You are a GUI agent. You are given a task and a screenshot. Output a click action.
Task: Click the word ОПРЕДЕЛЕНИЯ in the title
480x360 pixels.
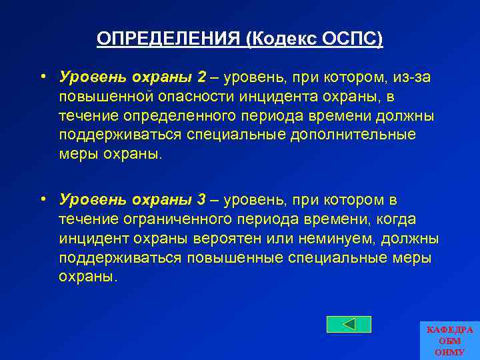[169, 39]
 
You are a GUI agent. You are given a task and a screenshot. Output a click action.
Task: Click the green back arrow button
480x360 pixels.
[348, 324]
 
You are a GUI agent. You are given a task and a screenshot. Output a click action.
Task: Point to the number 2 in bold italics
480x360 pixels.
[201, 77]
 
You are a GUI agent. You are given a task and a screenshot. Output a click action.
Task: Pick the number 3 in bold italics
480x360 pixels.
[201, 200]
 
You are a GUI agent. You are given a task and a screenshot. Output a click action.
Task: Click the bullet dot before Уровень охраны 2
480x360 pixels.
[42, 77]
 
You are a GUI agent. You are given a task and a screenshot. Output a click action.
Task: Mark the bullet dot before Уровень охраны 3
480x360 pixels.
[42, 199]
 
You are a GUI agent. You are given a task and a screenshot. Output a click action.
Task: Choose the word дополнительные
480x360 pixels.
[361, 135]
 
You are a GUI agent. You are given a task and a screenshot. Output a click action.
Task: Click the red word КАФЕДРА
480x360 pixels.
[449, 330]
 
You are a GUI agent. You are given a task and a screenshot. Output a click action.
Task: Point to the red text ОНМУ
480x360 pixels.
[449, 351]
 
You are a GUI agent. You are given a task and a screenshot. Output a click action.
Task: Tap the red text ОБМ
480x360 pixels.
[449, 341]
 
